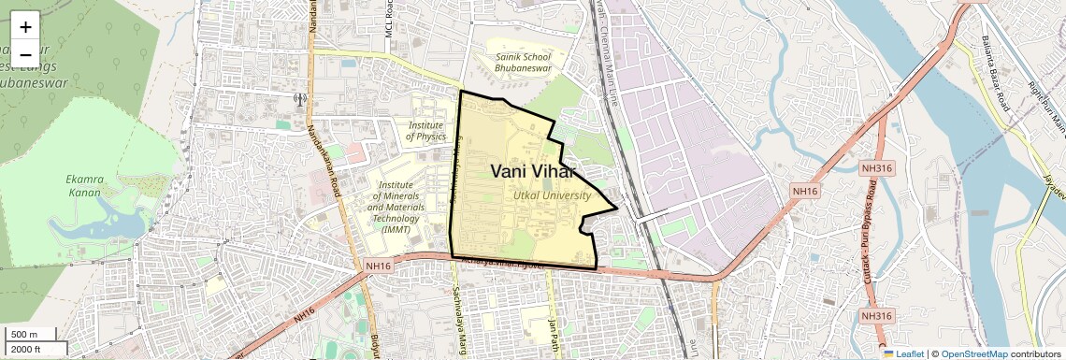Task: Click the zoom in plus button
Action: coord(25,26)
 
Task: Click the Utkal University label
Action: coord(552,195)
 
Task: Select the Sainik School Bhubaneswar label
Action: coord(524,63)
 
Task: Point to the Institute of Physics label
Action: coord(426,130)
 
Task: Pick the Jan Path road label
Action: coord(553,331)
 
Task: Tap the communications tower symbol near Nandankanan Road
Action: coord(300,98)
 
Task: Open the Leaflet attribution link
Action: coord(904,353)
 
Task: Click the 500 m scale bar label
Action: coord(24,335)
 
